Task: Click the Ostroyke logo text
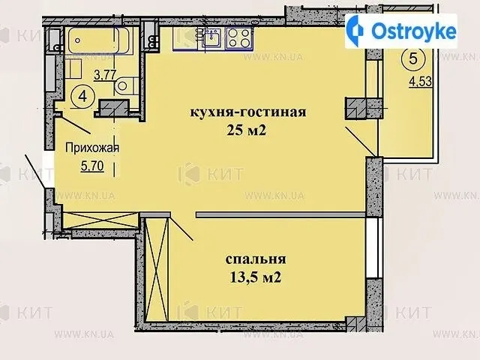click(x=413, y=31)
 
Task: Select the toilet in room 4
click(x=127, y=85)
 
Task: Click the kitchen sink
click(x=212, y=38)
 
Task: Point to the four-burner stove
click(x=239, y=38)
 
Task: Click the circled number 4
click(x=82, y=97)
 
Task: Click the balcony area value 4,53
click(x=421, y=82)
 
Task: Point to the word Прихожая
click(x=92, y=148)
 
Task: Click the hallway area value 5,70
click(x=92, y=166)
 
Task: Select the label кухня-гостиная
click(x=248, y=112)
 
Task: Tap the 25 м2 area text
click(x=247, y=130)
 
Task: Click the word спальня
click(x=256, y=259)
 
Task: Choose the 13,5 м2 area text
click(x=255, y=278)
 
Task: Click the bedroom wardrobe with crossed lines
click(x=157, y=269)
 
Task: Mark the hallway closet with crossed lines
click(x=100, y=220)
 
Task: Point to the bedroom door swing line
click(x=181, y=229)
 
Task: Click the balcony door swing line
click(x=361, y=142)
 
